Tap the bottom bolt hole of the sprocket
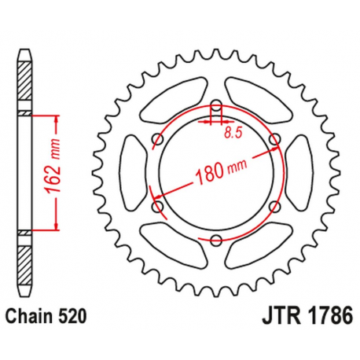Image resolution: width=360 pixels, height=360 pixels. pyautogui.click(x=215, y=241)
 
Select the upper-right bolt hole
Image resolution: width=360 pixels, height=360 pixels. pyautogui.click(x=274, y=139)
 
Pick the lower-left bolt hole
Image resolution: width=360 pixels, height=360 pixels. pyautogui.click(x=156, y=207)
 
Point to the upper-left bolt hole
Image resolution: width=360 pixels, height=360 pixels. pyautogui.click(x=156, y=139)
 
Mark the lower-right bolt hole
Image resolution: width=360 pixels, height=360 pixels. pyautogui.click(x=274, y=207)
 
